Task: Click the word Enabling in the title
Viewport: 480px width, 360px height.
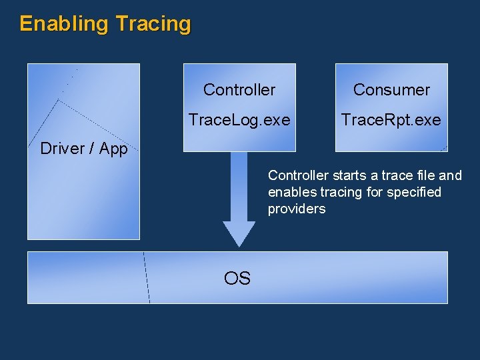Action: pyautogui.click(x=64, y=24)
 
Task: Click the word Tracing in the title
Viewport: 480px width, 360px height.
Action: pyautogui.click(x=153, y=24)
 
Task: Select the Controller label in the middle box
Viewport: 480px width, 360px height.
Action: pyautogui.click(x=239, y=89)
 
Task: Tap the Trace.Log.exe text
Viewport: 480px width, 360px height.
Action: pyautogui.click(x=239, y=120)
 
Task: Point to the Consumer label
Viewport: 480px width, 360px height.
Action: pyautogui.click(x=391, y=89)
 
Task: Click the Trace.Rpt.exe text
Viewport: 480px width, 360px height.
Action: pyautogui.click(x=391, y=120)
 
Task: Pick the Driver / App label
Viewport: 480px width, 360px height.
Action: pyautogui.click(x=84, y=149)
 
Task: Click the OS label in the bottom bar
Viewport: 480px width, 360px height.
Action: pyautogui.click(x=237, y=279)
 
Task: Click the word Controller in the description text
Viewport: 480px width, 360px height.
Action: pyautogui.click(x=298, y=175)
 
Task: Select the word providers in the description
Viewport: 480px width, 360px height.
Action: pyautogui.click(x=297, y=209)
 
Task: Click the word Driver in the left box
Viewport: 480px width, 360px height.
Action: pyautogui.click(x=61, y=149)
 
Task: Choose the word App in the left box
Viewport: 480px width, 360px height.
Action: pyautogui.click(x=113, y=149)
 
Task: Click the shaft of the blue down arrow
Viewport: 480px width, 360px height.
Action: pyautogui.click(x=239, y=187)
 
